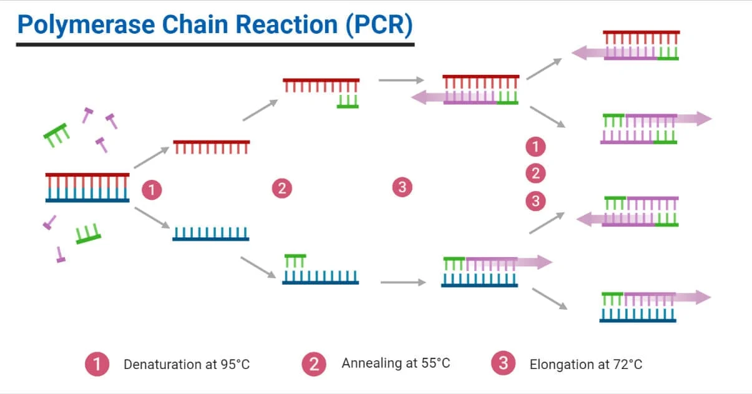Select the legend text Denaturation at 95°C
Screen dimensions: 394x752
[187, 364]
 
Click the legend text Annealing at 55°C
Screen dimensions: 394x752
[396, 363]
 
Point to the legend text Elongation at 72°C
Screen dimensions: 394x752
[585, 364]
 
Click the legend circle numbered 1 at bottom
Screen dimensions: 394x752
[97, 363]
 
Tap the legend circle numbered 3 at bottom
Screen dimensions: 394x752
[502, 363]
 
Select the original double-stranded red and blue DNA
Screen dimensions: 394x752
[87, 187]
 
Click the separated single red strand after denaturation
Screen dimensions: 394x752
[211, 147]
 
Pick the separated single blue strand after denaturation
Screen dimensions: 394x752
[211, 234]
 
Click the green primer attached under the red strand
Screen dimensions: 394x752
[348, 102]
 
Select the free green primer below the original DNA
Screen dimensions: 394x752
[88, 234]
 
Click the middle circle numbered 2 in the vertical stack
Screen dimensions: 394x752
[535, 174]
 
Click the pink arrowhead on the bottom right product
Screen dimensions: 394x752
[703, 297]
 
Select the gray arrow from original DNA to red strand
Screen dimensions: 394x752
[152, 158]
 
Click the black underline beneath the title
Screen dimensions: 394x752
[215, 44]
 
